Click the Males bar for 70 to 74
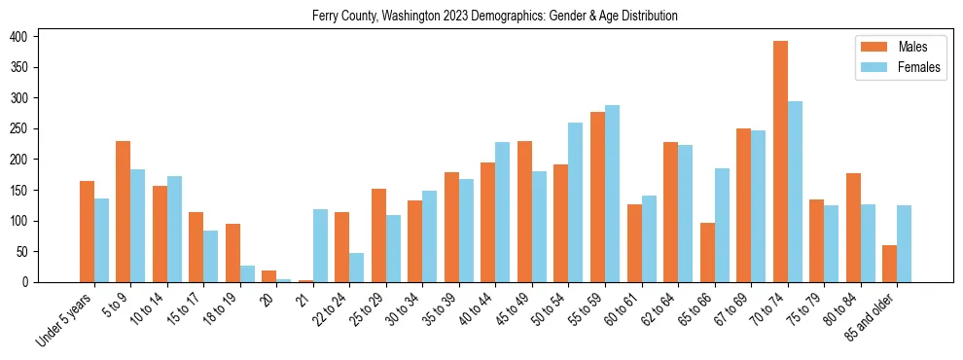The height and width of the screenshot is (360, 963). [780, 162]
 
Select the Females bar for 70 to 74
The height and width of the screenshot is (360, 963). [795, 192]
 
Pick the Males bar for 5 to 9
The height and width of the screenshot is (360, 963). [124, 211]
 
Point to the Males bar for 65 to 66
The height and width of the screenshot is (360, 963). [707, 252]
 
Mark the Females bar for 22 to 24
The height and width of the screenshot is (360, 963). [357, 268]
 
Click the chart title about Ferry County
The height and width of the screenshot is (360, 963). [495, 17]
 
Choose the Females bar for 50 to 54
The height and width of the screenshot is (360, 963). [576, 202]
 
